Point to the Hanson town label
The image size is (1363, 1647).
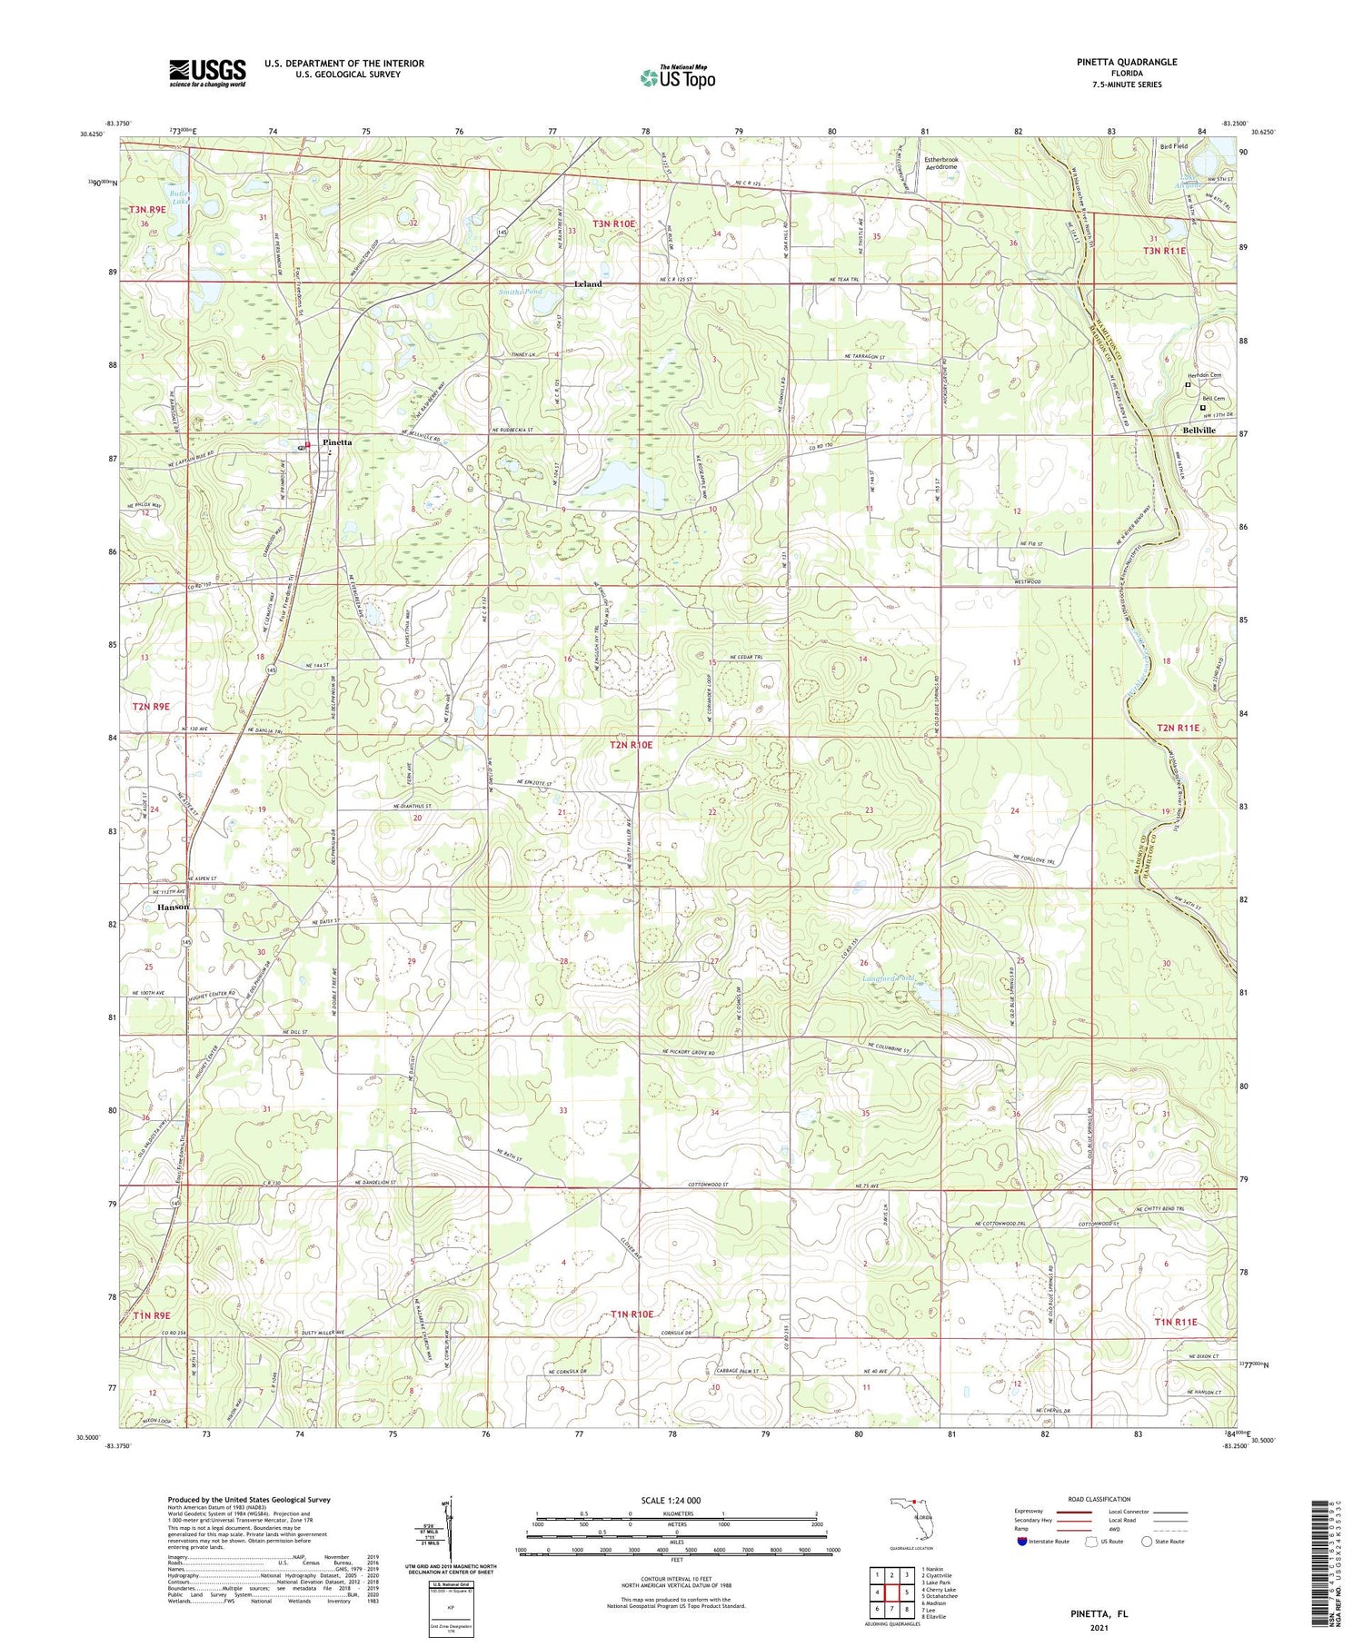tap(173, 907)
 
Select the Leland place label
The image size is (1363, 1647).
tap(588, 283)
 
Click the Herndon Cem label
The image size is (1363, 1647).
tap(1205, 375)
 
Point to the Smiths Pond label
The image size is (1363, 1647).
tap(520, 292)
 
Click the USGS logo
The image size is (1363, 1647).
tap(207, 73)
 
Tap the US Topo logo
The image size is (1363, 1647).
tap(677, 77)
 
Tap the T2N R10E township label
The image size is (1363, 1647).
tap(631, 745)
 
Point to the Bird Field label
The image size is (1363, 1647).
tap(1173, 145)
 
